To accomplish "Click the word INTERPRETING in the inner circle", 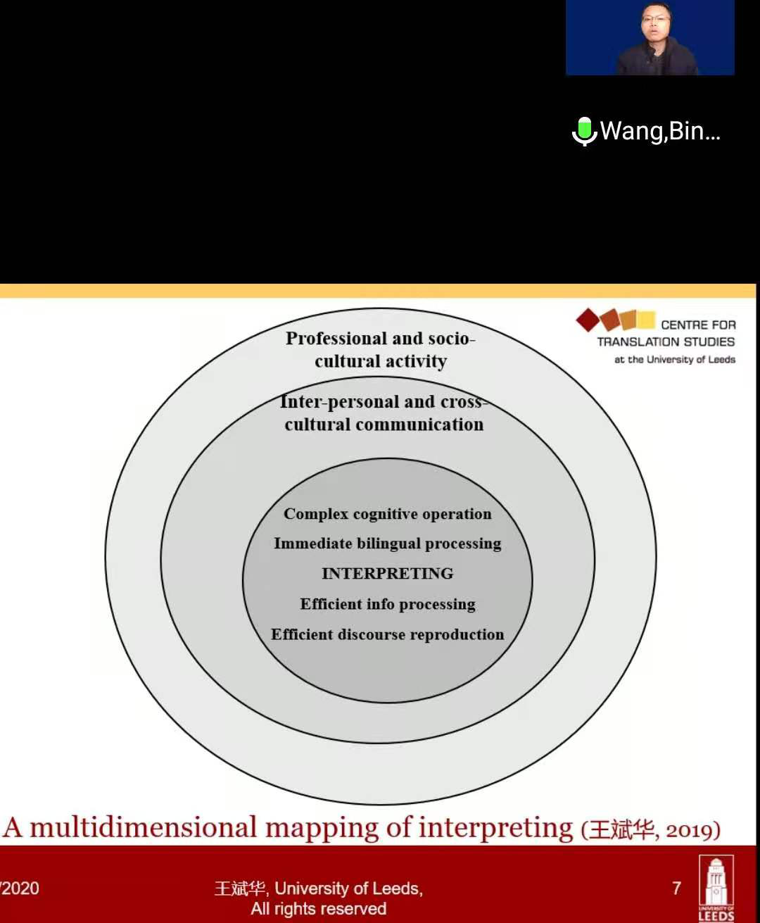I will coord(387,574).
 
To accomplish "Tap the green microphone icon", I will coord(583,130).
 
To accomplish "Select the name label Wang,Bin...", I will coord(659,131).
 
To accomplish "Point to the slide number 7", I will coord(676,889).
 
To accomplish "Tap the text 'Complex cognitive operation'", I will coord(387,514).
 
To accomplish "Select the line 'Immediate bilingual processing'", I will coord(387,544).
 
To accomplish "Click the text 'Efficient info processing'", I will coord(387,604).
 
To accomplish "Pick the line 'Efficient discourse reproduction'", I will coord(387,634).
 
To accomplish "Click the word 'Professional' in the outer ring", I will coord(336,339).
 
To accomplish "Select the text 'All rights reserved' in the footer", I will coord(318,909).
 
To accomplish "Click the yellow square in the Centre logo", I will coord(645,320).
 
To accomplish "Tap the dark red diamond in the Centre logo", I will coord(587,320).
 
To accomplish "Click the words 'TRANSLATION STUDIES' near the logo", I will coord(666,342).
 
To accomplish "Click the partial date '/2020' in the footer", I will coord(20,889).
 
